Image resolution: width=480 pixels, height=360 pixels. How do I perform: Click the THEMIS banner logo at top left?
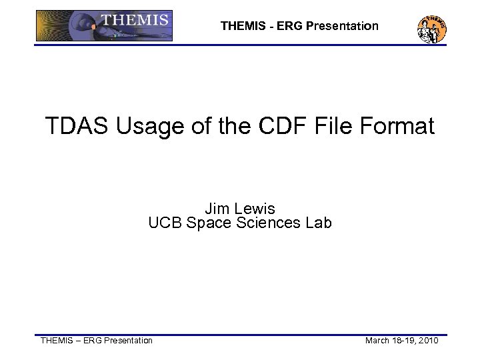click(104, 26)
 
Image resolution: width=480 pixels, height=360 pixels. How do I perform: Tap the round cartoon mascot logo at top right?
click(431, 28)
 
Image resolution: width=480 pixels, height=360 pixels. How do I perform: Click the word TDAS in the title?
click(78, 126)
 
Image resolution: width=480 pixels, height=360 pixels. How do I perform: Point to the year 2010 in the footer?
click(428, 341)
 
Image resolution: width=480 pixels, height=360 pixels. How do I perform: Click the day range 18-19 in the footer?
click(404, 341)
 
